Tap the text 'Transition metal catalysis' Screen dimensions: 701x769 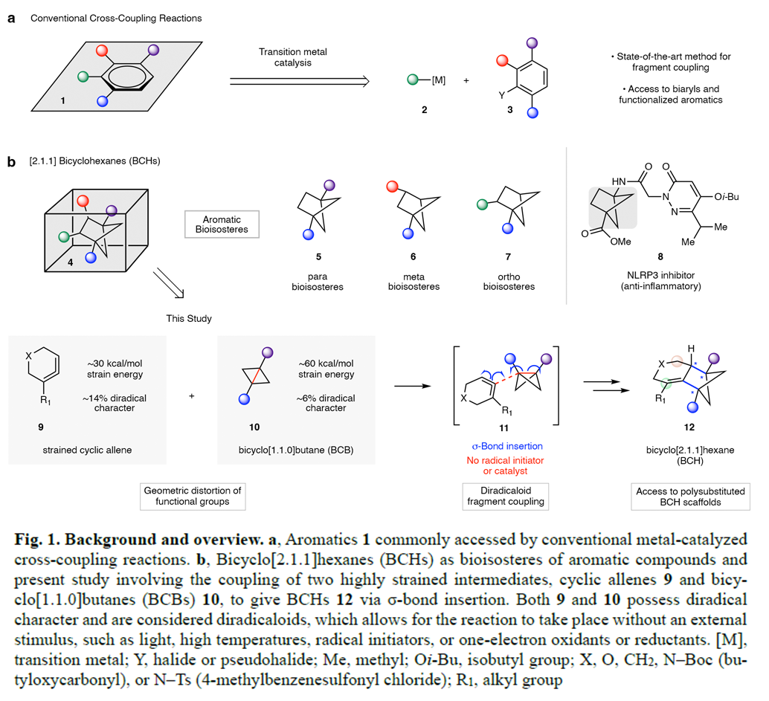[292, 57]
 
